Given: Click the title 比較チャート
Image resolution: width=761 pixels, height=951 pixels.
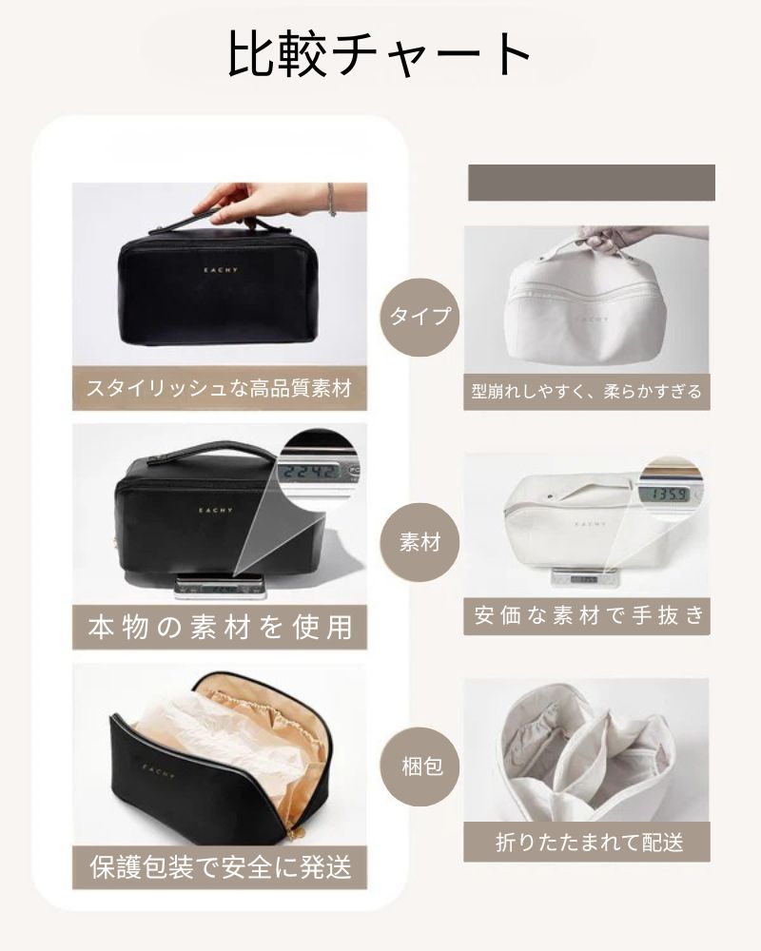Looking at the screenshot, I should pos(380,54).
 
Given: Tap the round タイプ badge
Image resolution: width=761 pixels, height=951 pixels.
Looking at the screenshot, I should pos(420,316).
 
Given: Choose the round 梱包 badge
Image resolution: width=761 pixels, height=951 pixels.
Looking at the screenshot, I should pos(420,766).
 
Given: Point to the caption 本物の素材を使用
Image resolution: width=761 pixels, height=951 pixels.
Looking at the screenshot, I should pos(220,627).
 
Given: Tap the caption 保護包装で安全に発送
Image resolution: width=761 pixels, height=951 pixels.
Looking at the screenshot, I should pos(220,866).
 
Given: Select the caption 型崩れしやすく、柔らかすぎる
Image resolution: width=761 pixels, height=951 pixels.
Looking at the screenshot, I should pos(586,390).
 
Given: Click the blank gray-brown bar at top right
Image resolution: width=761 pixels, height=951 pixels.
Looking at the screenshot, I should pos(591,183).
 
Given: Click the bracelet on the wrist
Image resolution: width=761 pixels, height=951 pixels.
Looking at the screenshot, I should pos(331,200).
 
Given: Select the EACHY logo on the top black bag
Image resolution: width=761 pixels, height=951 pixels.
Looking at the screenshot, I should pos(220,269).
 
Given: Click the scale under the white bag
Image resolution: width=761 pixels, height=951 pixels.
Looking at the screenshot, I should pos(582,576).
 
